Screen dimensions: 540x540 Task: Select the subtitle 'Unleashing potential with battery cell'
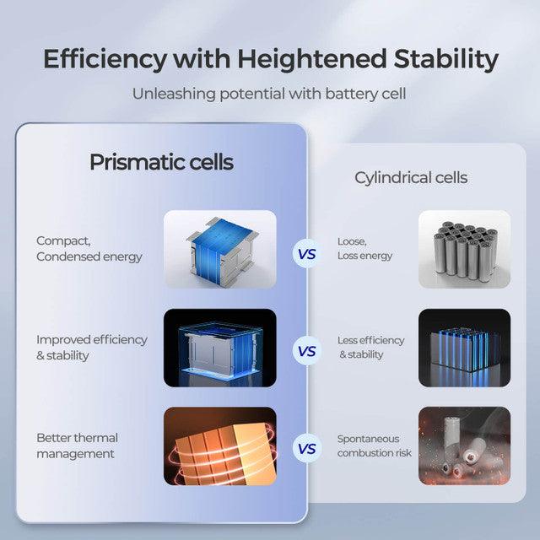269,94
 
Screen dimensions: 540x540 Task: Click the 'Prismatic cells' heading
161,162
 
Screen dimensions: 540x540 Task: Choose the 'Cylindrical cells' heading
411,178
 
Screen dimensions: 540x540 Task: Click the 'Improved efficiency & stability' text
91,348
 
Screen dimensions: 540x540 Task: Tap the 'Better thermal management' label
77,445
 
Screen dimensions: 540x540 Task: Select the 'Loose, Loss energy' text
364,249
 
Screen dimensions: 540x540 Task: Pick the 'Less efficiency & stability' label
370,348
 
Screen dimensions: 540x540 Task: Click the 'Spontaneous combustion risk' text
368,445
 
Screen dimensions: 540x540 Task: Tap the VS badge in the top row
307,252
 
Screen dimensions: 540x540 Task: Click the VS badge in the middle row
307,350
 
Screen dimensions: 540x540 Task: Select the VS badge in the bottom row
307,449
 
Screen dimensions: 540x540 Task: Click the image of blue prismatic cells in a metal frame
219,249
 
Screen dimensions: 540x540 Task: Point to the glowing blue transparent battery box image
219,348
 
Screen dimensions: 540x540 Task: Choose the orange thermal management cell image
219,445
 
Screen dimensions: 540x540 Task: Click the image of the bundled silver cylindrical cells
464,249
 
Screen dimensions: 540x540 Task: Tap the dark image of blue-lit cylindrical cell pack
464,348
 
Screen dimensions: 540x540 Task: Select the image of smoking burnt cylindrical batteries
464,445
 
